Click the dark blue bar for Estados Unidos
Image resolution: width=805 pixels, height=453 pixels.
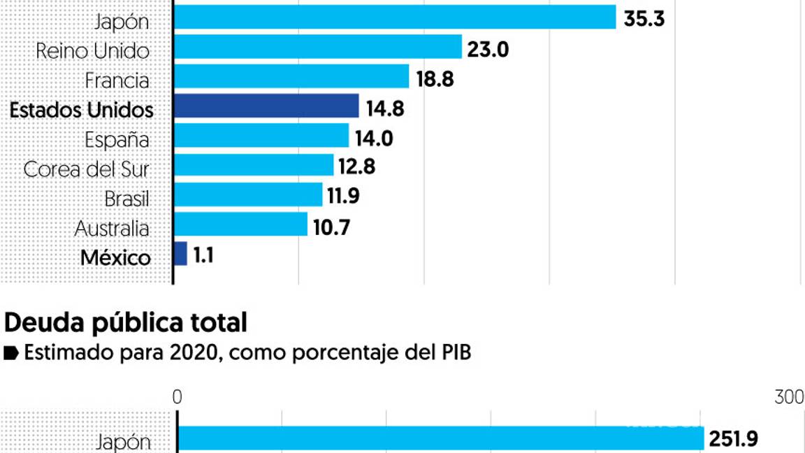pos(266,107)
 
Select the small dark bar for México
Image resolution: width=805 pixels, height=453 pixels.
pos(180,254)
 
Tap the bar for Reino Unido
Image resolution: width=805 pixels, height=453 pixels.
pos(317,48)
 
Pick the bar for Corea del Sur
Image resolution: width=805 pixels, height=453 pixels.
pos(253,166)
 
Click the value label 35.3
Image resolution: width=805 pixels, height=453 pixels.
pos(644,18)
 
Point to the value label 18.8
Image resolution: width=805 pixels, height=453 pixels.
pos(435,79)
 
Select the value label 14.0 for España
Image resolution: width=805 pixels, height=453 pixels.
pos(375,138)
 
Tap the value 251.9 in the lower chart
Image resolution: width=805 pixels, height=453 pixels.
pos(733,439)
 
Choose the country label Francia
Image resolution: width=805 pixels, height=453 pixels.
pos(117,80)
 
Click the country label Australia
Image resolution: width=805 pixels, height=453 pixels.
pos(112,229)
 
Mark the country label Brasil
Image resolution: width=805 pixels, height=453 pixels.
pos(126,199)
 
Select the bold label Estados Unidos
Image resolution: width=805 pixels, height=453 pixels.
pos(82,110)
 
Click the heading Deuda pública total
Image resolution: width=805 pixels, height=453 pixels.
pos(126,323)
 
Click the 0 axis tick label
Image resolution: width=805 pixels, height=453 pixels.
pos(177,397)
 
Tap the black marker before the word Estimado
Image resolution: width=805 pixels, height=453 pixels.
pos(10,354)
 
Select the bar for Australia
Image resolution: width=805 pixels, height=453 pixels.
pos(240,224)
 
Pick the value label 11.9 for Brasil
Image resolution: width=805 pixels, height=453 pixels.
pos(342,196)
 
